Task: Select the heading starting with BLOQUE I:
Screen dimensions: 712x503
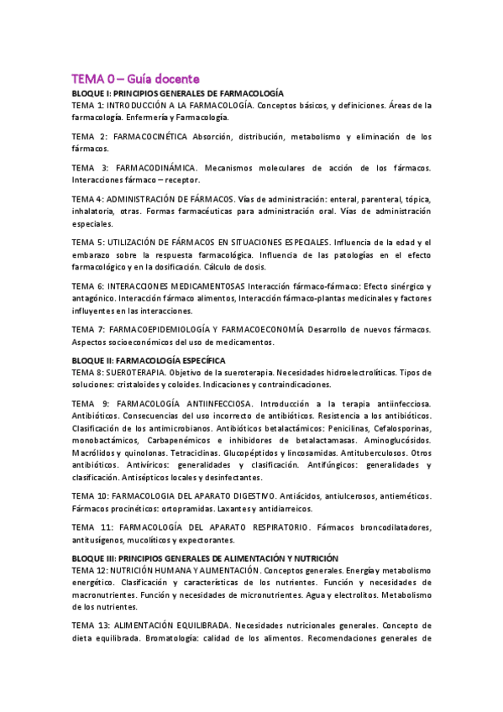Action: (177, 92)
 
